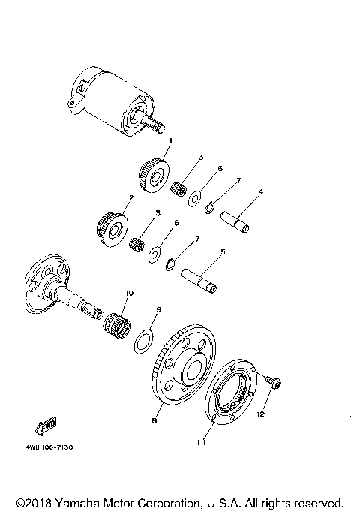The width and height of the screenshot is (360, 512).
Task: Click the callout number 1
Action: (x=170, y=140)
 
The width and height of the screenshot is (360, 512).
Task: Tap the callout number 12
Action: (x=262, y=414)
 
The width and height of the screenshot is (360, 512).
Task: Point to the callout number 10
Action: (x=129, y=292)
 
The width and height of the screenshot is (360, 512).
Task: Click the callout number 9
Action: (x=159, y=309)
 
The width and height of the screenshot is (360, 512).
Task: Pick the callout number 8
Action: (x=154, y=420)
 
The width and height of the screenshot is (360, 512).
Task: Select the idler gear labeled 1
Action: (x=154, y=176)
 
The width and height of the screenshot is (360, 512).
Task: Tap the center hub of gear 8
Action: (x=193, y=369)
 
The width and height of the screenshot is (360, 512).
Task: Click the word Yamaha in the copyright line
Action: (x=76, y=502)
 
